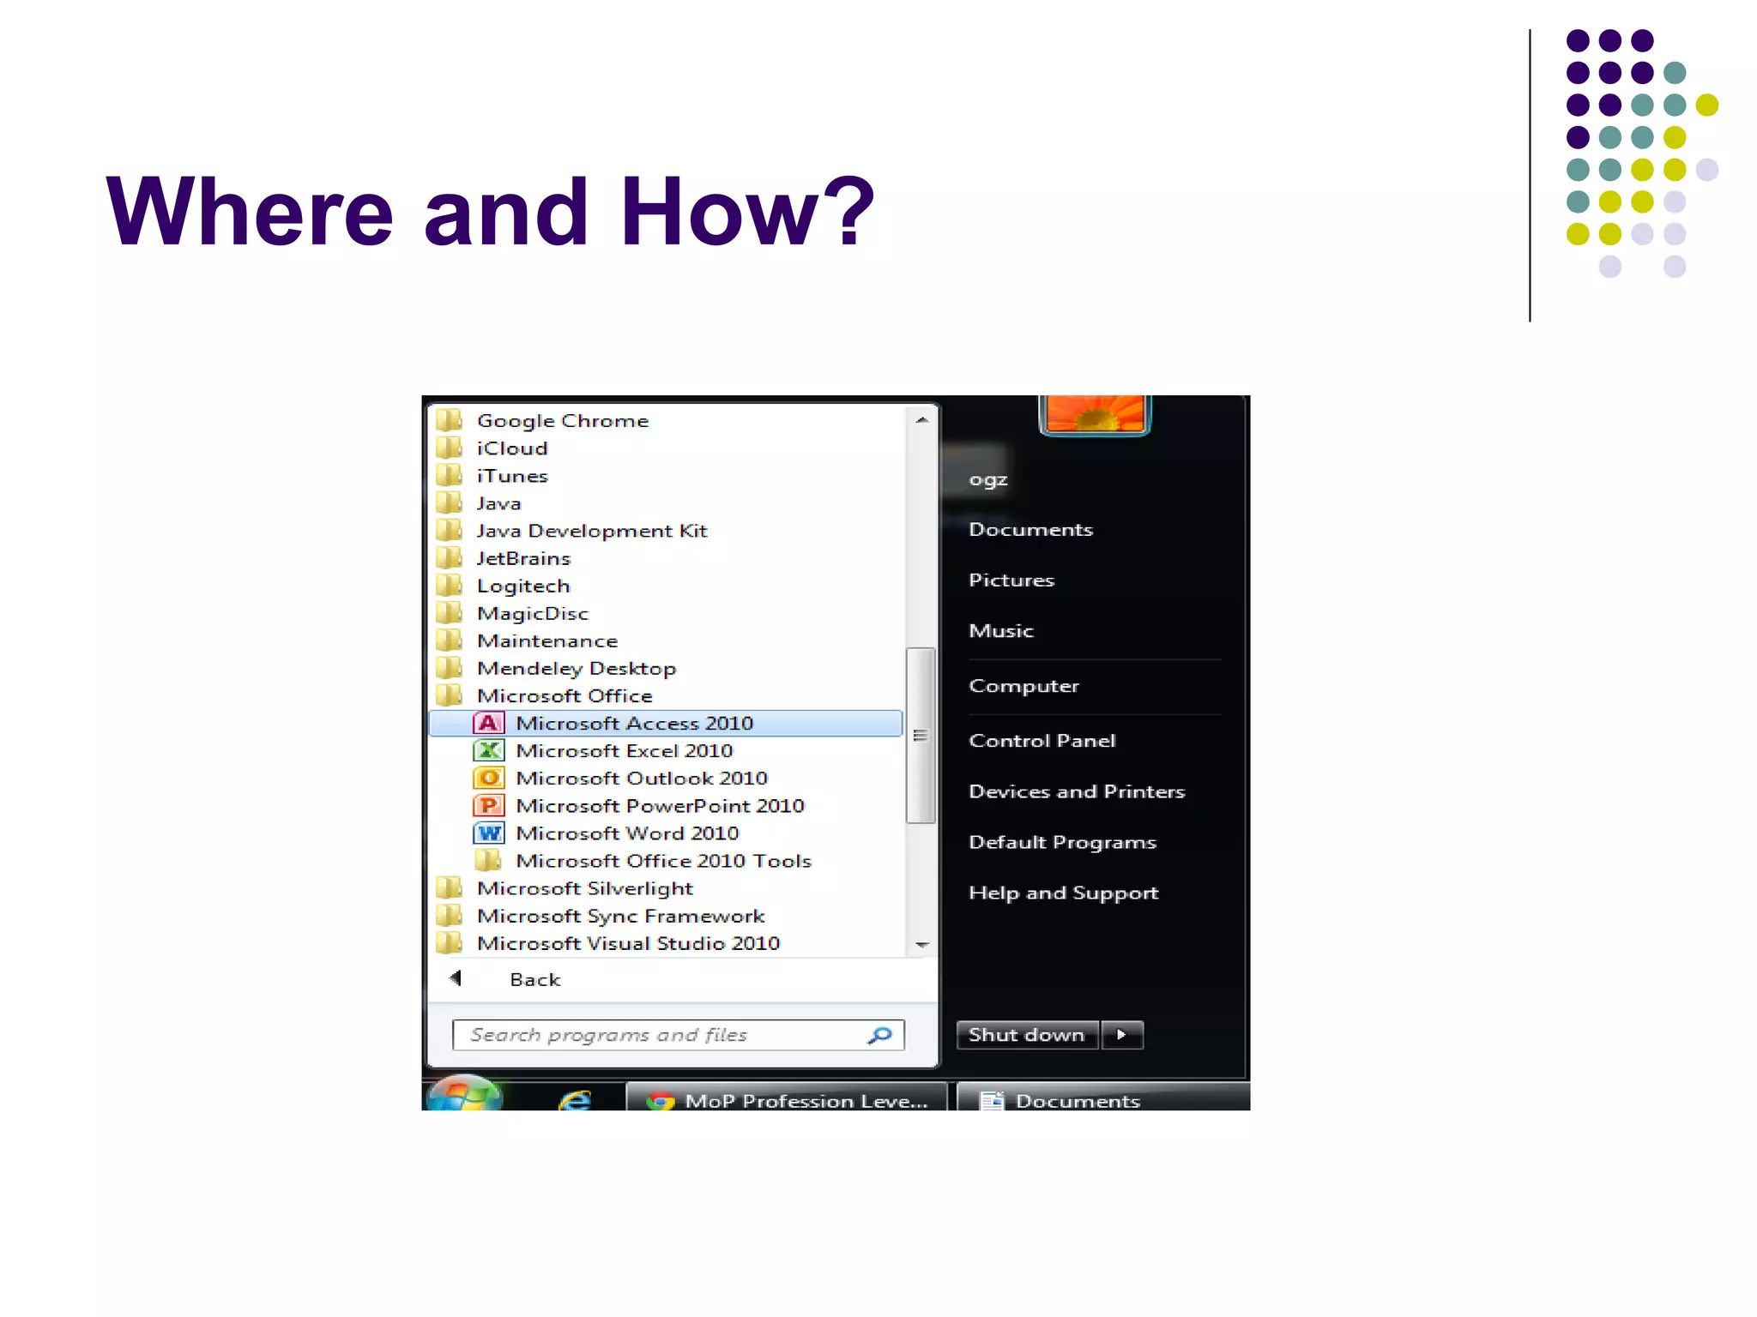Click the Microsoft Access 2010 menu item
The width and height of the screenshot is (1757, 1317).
click(633, 724)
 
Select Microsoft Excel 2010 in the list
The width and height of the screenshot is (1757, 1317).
click(624, 751)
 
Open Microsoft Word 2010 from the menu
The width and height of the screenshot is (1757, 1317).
click(626, 833)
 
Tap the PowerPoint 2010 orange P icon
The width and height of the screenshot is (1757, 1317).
click(488, 806)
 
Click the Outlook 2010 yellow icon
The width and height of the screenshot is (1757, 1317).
click(488, 779)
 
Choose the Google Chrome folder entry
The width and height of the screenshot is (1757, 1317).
click(562, 421)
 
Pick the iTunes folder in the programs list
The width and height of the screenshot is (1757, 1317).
click(511, 476)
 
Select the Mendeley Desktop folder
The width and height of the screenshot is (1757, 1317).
click(576, 669)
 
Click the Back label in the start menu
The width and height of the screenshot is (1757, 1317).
click(534, 980)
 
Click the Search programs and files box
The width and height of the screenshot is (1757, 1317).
click(661, 1036)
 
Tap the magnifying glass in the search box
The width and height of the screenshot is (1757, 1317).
click(880, 1036)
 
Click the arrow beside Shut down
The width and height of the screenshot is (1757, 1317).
click(1122, 1035)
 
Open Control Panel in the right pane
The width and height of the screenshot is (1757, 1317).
click(1042, 741)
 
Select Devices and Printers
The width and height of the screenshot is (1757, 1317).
click(1076, 791)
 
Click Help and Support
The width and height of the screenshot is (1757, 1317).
click(1063, 893)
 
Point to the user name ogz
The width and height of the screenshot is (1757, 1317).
click(987, 480)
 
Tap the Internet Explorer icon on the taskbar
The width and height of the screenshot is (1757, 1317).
click(575, 1099)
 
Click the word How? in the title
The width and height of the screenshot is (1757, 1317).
click(746, 211)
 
